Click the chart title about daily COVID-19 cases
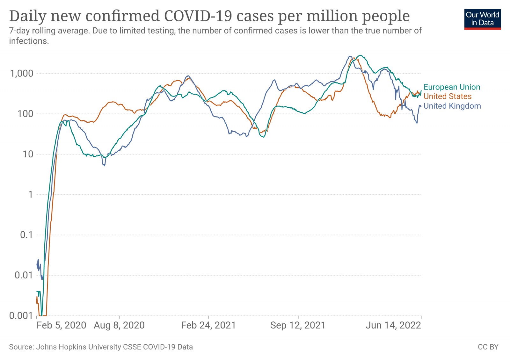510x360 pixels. [209, 16]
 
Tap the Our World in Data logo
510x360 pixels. [482, 19]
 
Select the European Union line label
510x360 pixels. [452, 87]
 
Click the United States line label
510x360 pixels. [447, 96]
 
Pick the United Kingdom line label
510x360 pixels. [452, 106]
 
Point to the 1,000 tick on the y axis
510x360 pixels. [22, 74]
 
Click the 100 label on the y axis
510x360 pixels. [25, 114]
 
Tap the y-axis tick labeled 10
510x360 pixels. [28, 154]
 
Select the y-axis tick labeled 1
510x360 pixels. [31, 194]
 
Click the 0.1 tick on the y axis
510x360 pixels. [26, 235]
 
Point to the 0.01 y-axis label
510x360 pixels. [24, 275]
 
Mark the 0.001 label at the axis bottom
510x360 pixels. [21, 315]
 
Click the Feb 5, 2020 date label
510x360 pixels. [61, 325]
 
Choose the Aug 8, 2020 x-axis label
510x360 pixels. [119, 325]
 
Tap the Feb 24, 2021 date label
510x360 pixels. [208, 325]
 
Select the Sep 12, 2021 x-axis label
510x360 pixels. [298, 325]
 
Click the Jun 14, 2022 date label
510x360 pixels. [393, 325]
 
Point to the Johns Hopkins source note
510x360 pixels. [101, 347]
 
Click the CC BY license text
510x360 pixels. [488, 347]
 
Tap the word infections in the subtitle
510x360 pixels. [29, 41]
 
